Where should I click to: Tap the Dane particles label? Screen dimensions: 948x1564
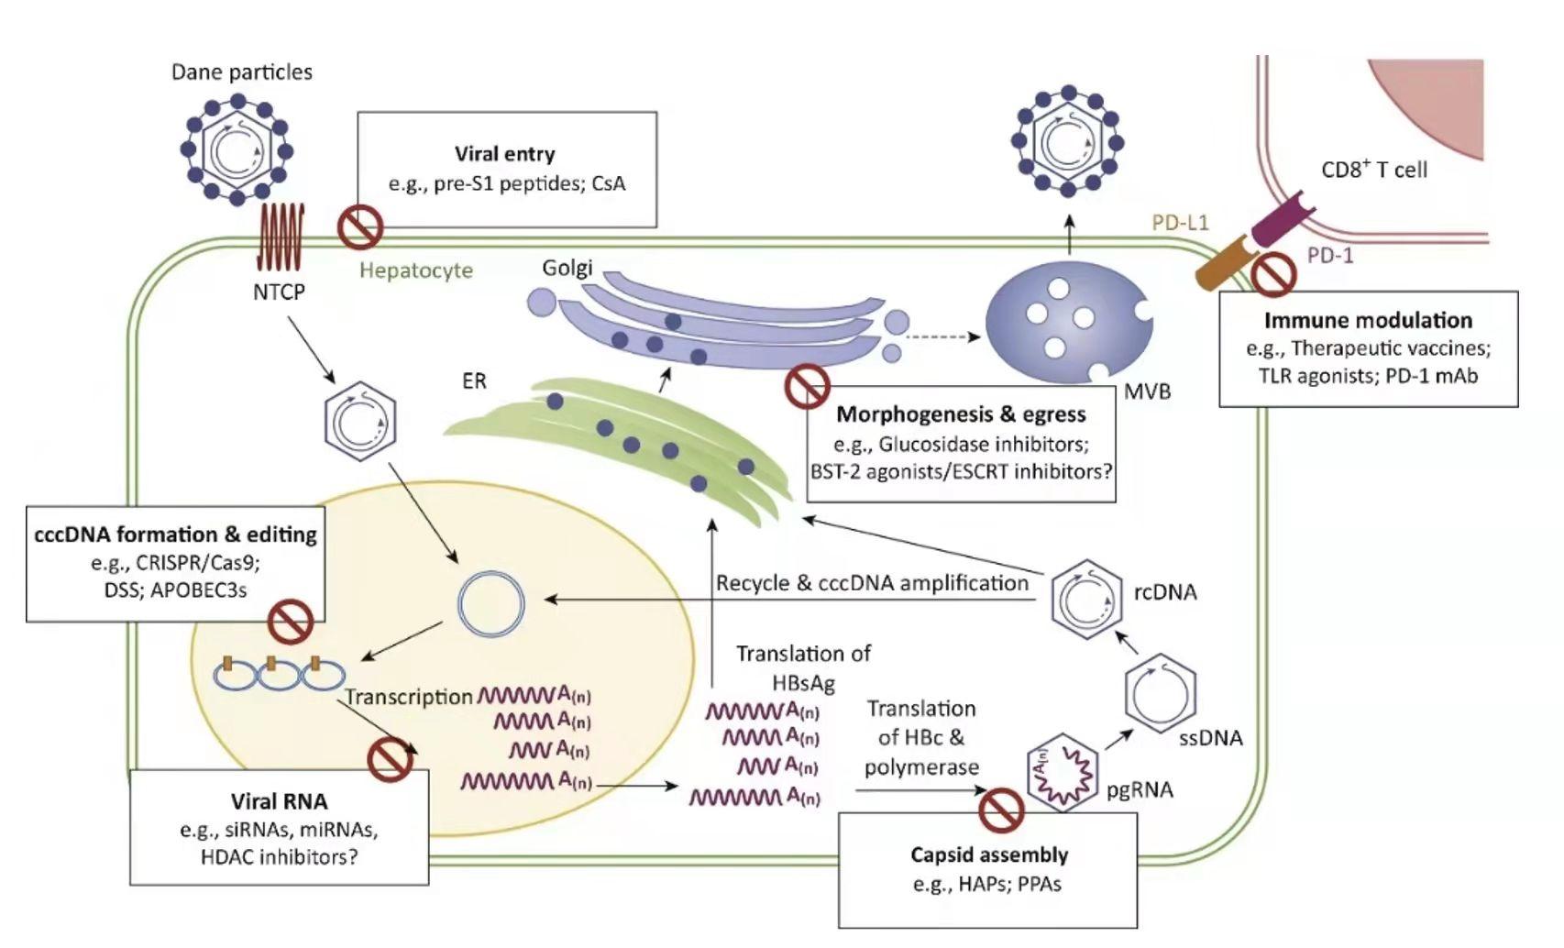(241, 72)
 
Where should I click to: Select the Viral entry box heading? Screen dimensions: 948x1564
(504, 154)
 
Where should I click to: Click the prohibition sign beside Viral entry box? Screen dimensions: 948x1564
(360, 227)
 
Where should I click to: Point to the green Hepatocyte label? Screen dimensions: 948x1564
(415, 270)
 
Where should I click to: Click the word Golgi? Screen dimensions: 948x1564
(567, 268)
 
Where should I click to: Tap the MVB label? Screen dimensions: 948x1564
(1147, 391)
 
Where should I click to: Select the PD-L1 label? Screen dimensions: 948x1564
(1180, 222)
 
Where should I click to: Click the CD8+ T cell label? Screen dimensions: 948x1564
(1373, 170)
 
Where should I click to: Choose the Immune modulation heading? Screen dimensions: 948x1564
(1368, 320)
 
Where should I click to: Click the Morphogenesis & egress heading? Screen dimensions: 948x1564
(961, 414)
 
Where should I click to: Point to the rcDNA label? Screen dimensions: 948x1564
(1165, 592)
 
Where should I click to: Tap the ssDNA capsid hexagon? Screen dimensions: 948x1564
(1161, 693)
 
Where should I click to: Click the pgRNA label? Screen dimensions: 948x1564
(1140, 789)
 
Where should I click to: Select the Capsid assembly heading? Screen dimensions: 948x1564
(989, 854)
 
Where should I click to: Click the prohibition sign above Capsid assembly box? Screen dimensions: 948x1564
(1001, 810)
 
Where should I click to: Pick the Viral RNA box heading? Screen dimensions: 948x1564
(279, 801)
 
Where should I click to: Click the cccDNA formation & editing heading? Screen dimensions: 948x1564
(175, 535)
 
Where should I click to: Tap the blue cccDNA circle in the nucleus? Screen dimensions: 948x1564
(491, 604)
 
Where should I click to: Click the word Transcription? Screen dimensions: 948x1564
(409, 697)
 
